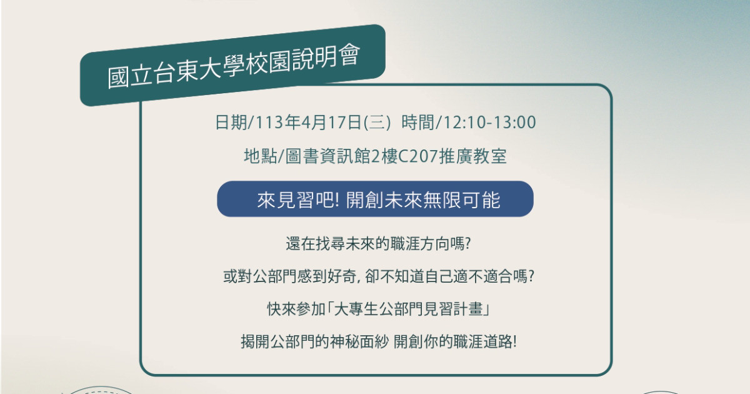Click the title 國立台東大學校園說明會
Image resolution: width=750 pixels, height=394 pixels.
click(234, 67)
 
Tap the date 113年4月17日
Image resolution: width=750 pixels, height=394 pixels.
click(307, 123)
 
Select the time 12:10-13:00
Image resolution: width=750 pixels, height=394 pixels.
click(489, 123)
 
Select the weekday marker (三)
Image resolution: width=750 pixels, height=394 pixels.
click(377, 123)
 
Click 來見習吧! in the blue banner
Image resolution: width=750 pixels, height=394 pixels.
click(298, 200)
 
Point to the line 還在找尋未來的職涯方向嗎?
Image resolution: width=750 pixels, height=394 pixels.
click(378, 243)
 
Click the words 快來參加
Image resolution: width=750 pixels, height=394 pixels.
click(296, 309)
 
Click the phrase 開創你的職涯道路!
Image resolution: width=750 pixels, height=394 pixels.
click(455, 341)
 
